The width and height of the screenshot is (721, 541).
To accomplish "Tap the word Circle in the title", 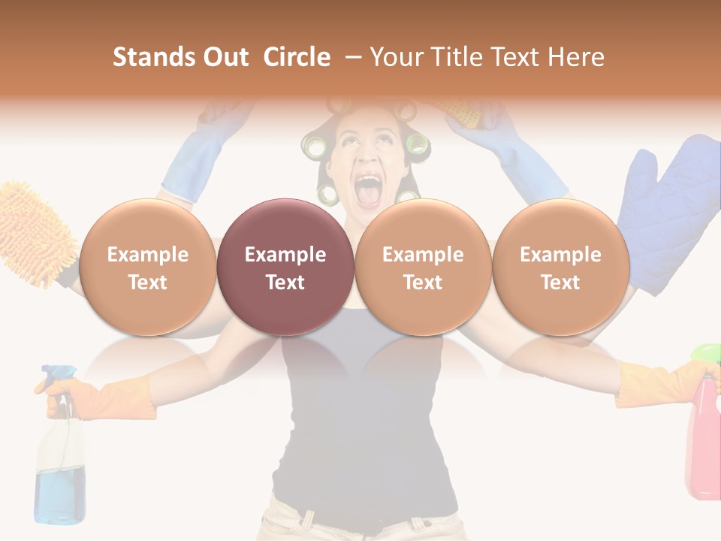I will click(x=297, y=57).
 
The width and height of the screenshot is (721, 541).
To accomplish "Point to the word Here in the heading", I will click(x=576, y=57).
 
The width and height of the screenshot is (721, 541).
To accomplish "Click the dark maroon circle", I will click(x=285, y=267).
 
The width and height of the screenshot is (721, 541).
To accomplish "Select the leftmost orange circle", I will click(x=147, y=267).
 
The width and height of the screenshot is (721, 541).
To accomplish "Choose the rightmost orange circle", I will click(x=560, y=267).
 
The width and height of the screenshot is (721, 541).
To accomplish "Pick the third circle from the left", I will click(x=423, y=267).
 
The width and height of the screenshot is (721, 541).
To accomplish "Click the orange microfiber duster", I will click(x=34, y=233).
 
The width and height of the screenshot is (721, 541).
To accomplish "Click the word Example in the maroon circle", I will click(x=285, y=255).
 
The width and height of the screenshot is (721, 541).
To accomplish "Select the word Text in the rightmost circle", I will click(x=560, y=283).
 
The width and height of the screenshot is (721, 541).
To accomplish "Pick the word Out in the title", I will click(x=224, y=57).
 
